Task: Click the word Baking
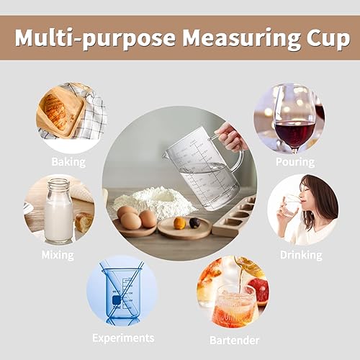point(68,162)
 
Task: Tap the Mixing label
point(58,254)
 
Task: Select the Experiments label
point(123,337)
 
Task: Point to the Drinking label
point(301,254)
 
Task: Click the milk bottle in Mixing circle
point(58,212)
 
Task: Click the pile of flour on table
point(155,201)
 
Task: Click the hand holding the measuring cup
point(232,136)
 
